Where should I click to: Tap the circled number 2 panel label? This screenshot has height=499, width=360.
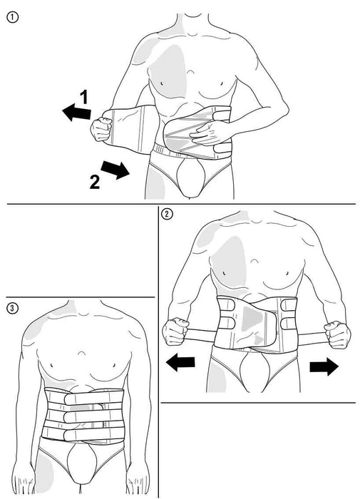167,214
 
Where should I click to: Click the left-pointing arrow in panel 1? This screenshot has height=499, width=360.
75,112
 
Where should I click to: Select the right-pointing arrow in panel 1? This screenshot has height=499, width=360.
115,170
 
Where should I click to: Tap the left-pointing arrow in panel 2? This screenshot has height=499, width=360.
180,364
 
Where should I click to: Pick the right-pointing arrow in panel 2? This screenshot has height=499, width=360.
324,366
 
